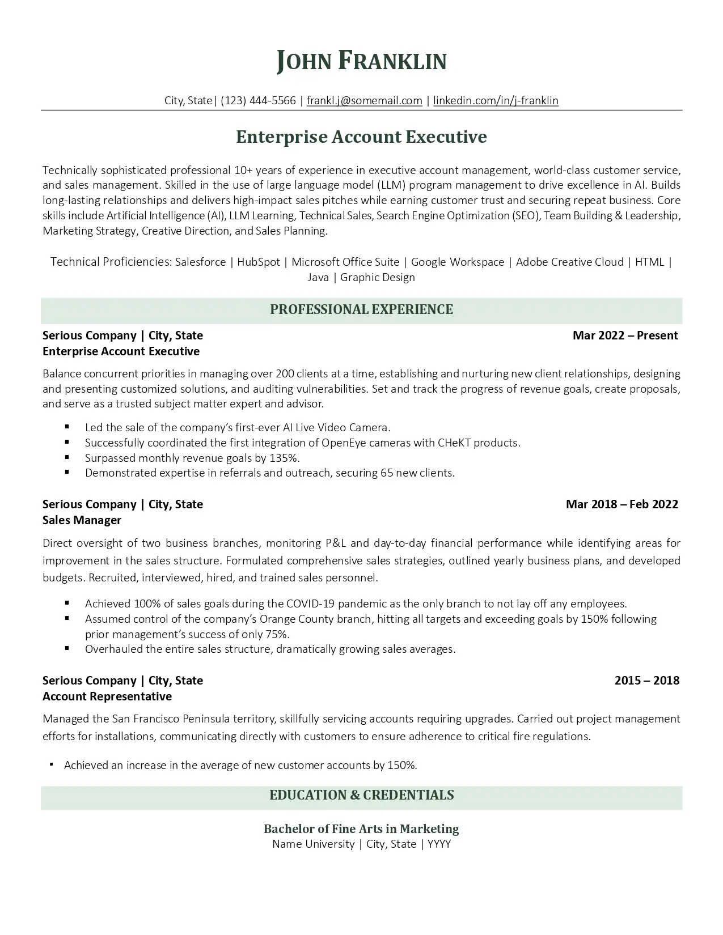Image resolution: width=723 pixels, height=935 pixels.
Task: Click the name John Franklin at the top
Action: (361, 61)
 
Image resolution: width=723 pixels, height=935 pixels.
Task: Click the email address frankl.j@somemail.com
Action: (364, 101)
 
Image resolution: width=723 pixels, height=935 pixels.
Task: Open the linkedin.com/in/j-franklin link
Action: (496, 101)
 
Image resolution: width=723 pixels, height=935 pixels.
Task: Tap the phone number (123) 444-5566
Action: (258, 101)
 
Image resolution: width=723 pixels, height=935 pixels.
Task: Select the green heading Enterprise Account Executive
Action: (361, 137)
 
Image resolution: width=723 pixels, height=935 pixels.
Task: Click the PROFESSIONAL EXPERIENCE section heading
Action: (361, 309)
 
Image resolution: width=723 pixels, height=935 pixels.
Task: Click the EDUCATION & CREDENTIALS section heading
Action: (361, 795)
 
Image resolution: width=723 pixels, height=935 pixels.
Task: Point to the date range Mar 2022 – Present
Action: (625, 335)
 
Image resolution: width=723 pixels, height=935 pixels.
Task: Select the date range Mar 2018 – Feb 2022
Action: (621, 504)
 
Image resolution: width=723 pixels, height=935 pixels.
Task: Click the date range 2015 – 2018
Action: (646, 681)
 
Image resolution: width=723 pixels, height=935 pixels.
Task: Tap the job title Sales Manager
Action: (82, 520)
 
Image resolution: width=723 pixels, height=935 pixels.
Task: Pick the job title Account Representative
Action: (107, 696)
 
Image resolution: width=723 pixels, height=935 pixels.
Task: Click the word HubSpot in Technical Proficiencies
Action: (259, 262)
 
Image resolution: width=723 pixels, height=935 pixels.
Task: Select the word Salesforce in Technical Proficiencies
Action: (200, 262)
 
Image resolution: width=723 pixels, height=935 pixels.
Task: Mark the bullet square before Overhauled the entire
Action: (67, 648)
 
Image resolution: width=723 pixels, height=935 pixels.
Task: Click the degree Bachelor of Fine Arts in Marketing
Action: (361, 829)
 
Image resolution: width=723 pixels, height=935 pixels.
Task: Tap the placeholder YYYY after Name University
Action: (439, 844)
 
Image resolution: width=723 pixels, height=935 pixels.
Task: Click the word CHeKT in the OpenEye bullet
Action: (454, 443)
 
